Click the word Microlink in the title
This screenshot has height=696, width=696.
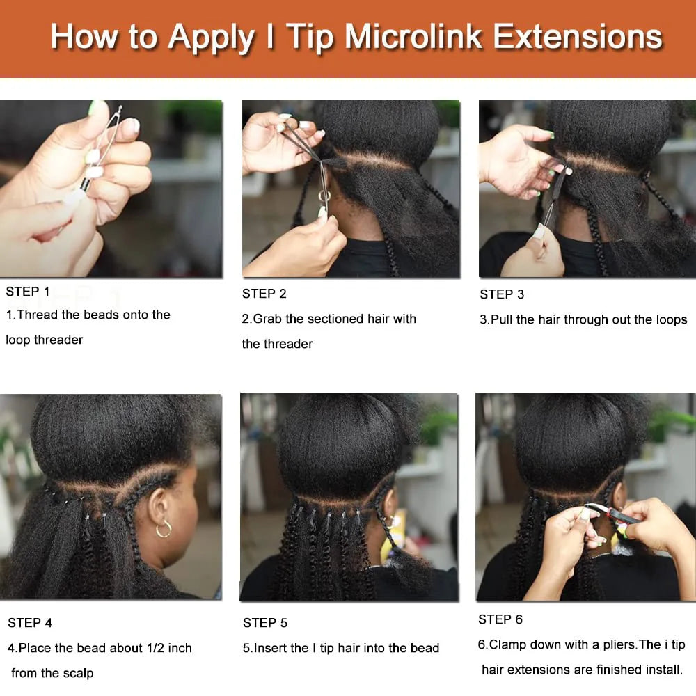413,36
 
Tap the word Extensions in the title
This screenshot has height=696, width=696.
578,36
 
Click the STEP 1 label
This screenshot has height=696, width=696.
28,292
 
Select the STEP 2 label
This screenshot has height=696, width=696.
264,294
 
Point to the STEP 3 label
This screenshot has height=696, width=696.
502,294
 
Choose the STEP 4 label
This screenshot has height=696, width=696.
30,623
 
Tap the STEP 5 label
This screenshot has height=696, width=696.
265,623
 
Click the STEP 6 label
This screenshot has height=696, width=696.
500,619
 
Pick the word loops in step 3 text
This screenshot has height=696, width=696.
667,319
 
